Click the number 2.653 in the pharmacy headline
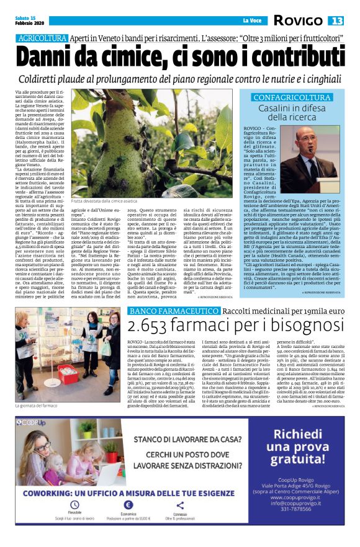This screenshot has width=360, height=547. pyautogui.click(x=153, y=326)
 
